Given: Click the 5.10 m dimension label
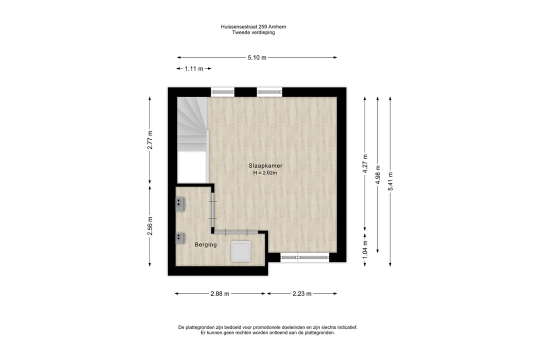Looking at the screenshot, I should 257,57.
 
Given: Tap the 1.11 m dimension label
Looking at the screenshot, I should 194,69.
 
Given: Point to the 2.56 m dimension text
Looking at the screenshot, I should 150,225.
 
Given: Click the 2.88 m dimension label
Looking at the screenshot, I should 220,294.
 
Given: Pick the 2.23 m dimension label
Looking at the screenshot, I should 302,294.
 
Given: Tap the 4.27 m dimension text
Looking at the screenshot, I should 365,163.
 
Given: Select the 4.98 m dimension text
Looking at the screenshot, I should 377,175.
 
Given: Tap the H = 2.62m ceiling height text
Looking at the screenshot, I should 264,173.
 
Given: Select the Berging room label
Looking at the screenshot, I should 205,244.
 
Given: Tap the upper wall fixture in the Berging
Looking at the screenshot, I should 180,202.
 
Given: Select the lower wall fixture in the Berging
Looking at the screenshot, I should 180,238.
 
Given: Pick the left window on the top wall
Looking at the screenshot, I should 222,92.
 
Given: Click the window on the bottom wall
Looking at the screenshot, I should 304,258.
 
